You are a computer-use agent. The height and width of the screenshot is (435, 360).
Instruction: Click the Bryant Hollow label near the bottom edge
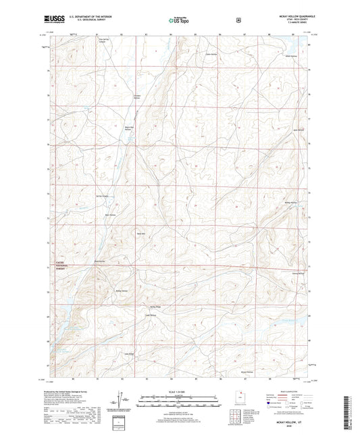coord(247,372)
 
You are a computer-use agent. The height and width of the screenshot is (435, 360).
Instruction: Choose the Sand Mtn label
coord(140,234)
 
